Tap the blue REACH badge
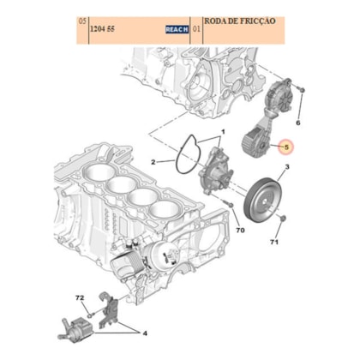tap(177, 28)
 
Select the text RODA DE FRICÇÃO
tap(240, 19)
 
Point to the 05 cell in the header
tap(81, 19)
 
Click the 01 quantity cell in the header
tap(197, 28)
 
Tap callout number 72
tap(81, 297)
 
